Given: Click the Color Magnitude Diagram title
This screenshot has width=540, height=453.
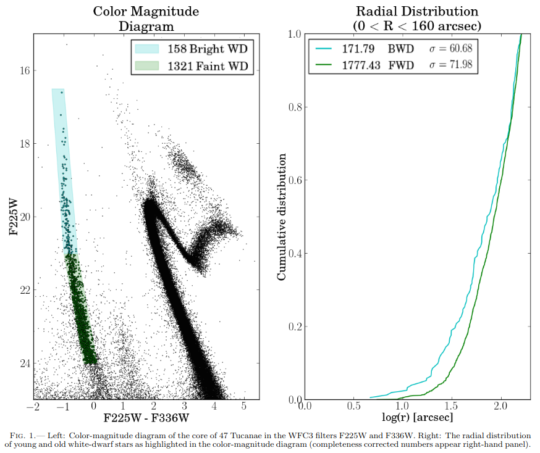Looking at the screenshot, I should pyautogui.click(x=146, y=18).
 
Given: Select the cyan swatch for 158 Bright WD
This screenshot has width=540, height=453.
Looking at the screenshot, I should pyautogui.click(x=148, y=48).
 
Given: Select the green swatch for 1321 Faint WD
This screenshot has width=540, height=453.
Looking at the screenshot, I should pyautogui.click(x=148, y=67).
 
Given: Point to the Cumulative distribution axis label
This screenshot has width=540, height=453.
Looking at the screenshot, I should pyautogui.click(x=281, y=217).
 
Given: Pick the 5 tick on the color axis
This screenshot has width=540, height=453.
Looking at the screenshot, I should pyautogui.click(x=244, y=407).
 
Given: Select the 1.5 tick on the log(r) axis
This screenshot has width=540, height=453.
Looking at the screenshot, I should pyautogui.click(x=452, y=406).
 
